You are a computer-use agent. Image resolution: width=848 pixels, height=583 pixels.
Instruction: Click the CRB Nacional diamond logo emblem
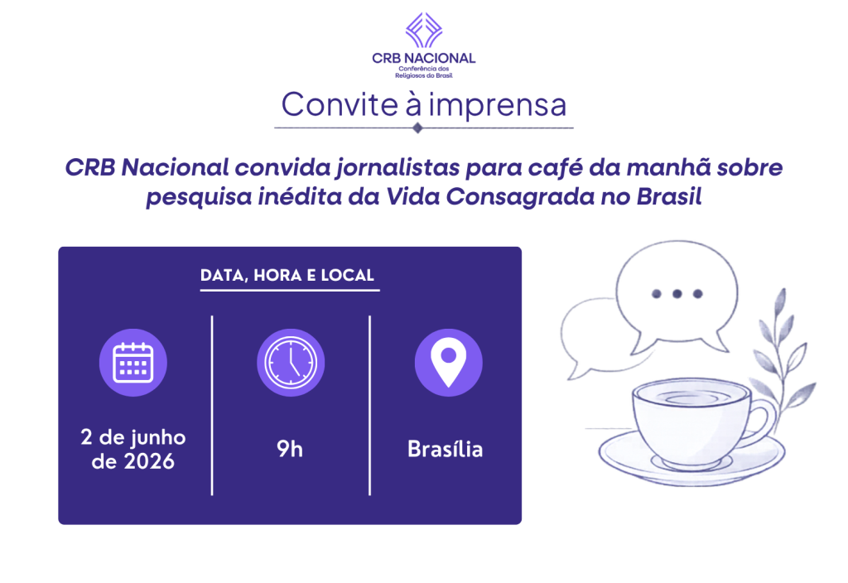coord(424,31)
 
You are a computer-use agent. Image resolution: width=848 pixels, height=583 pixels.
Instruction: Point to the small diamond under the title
coord(417,128)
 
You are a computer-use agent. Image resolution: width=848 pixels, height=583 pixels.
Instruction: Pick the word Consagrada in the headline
coord(520,197)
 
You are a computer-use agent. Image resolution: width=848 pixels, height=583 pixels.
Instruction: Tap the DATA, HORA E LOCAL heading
coord(287,275)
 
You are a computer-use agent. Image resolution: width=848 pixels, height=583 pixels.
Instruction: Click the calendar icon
coord(133,363)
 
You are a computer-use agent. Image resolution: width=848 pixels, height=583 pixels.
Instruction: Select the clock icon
coord(291,363)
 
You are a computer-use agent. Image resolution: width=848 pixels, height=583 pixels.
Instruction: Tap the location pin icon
coord(448,363)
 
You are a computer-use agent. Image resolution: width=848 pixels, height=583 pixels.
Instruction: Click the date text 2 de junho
coord(133,437)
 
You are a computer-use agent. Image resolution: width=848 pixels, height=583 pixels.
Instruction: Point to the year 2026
coord(149,461)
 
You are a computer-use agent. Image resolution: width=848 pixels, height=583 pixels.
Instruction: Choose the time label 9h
coord(290,449)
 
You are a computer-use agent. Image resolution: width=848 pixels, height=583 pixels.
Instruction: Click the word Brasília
coord(445,449)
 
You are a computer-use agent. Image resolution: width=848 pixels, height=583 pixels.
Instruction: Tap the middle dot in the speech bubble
coord(677,294)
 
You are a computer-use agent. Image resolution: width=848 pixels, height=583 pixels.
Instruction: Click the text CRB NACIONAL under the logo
coord(424,59)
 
